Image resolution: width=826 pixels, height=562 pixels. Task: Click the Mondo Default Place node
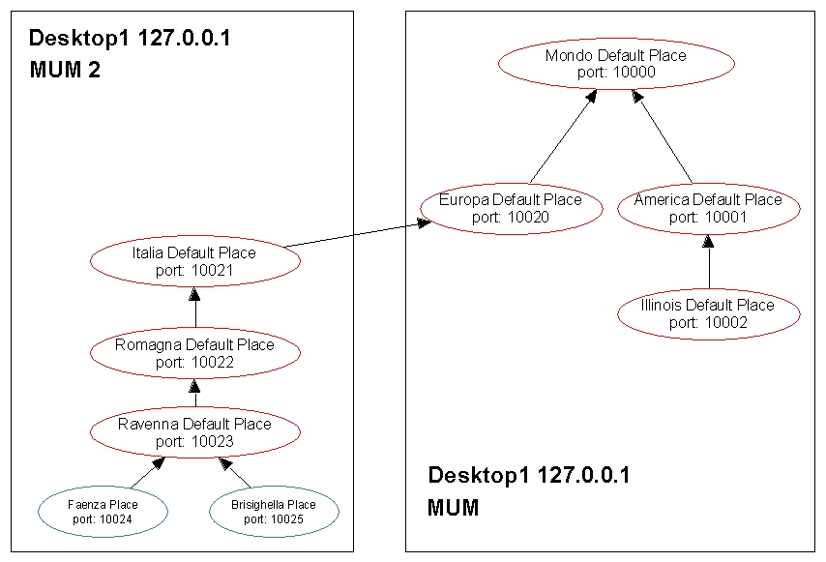616,64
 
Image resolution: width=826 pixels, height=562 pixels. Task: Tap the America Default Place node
708,208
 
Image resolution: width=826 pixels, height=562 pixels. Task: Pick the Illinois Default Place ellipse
708,313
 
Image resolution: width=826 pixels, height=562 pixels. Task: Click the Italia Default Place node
194,261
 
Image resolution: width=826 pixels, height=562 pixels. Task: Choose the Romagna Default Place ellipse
194,353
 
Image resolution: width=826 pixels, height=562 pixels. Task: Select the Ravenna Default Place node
194,432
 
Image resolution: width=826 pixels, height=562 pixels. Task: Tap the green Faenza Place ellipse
103,512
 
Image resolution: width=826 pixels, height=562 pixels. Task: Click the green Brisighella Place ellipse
274,512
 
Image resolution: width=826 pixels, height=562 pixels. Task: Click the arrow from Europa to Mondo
561,136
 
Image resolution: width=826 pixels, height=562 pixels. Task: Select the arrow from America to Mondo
664,136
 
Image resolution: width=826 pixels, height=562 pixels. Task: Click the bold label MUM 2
66,70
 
